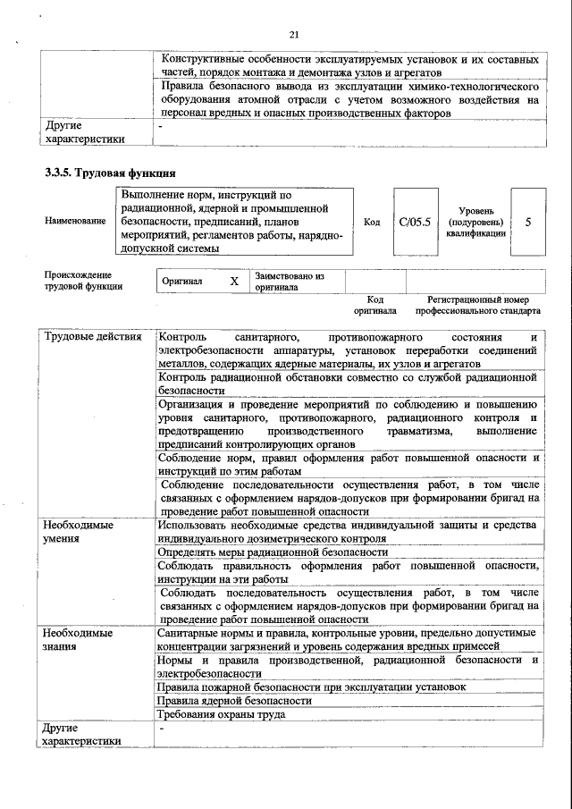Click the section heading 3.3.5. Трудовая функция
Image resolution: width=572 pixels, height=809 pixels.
pyautogui.click(x=110, y=173)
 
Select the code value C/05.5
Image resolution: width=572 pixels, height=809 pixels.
pyautogui.click(x=415, y=221)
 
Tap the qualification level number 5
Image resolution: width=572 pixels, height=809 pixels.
pyautogui.click(x=528, y=221)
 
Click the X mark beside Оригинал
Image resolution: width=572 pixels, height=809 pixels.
pyautogui.click(x=234, y=282)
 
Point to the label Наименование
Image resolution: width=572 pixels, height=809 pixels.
pyautogui.click(x=75, y=221)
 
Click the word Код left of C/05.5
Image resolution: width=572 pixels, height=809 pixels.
pyautogui.click(x=372, y=221)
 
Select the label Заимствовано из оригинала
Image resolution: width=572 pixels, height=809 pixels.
pyautogui.click(x=289, y=282)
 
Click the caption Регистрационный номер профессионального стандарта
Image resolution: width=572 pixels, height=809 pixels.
pyautogui.click(x=477, y=306)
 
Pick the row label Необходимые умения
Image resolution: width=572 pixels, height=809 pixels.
pyautogui.click(x=79, y=532)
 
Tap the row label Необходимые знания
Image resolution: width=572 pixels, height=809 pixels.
pyautogui.click(x=79, y=639)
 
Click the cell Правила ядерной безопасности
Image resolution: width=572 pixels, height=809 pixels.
pyautogui.click(x=234, y=701)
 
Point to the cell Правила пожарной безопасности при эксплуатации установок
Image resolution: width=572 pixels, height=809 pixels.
pyautogui.click(x=311, y=687)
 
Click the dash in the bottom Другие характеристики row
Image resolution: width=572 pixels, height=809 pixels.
pyautogui.click(x=162, y=729)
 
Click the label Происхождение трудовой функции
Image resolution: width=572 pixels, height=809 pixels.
pyautogui.click(x=78, y=281)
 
